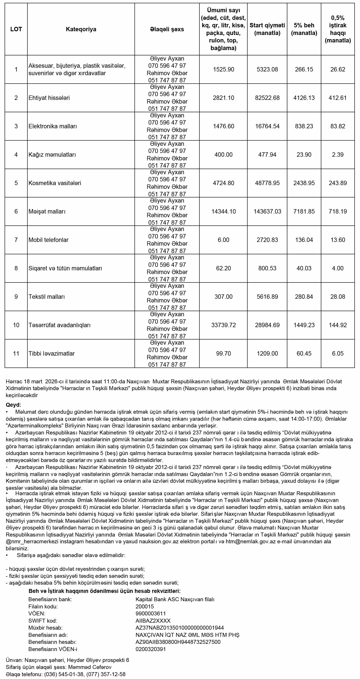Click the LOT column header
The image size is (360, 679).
point(16,29)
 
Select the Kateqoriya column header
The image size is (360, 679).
point(81,29)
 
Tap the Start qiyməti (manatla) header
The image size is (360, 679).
point(267,29)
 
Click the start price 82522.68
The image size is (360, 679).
point(267,98)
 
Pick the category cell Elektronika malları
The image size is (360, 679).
point(53,126)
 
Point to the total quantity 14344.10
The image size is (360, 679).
point(223,211)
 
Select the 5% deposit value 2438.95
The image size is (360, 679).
point(304,183)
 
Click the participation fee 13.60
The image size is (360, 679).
point(337,240)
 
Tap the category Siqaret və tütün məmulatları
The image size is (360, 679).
point(65,268)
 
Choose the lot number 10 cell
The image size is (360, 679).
point(16,325)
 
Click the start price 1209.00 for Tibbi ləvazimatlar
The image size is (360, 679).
point(267,353)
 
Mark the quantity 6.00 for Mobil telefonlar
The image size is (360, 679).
point(223,240)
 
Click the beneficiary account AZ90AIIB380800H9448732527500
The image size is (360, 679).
point(178,642)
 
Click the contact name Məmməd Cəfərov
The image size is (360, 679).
point(90,667)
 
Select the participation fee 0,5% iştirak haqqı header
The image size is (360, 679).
point(337,29)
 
